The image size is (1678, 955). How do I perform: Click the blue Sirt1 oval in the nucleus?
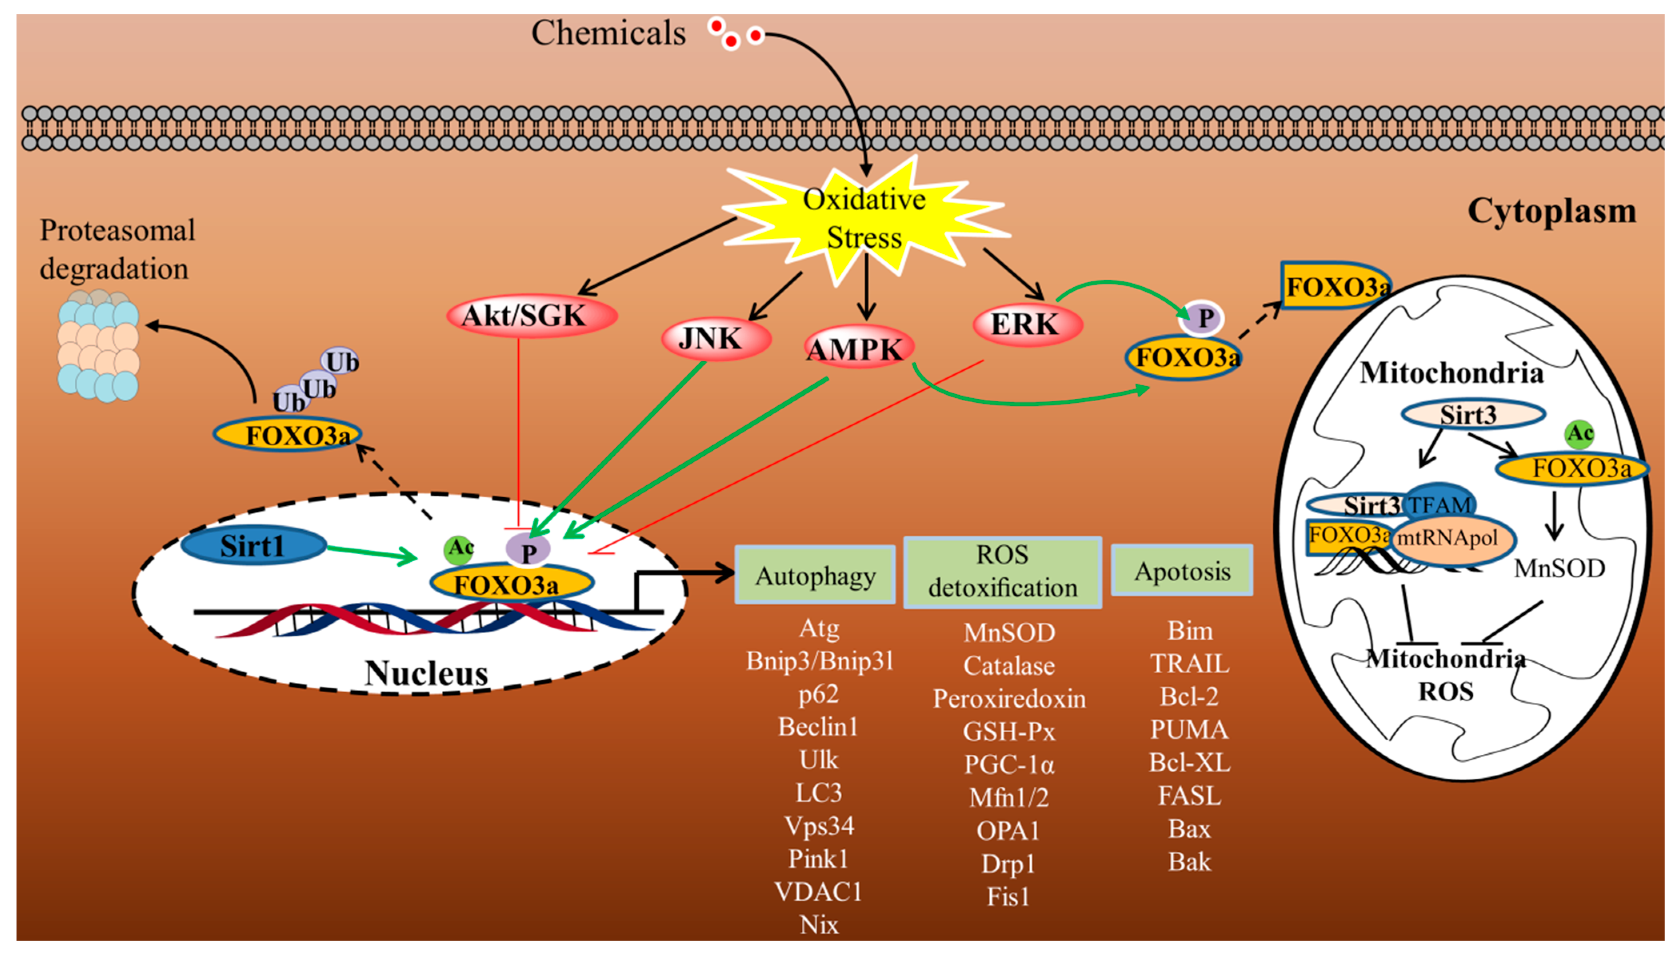click(253, 546)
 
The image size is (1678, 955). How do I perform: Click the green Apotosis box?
click(1181, 570)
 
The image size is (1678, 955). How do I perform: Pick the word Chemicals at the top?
click(608, 33)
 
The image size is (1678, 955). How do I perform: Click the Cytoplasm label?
click(1551, 211)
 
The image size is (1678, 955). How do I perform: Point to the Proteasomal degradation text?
click(117, 249)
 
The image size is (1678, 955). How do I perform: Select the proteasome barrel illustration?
click(98, 346)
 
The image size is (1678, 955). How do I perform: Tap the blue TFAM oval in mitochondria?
click(1440, 504)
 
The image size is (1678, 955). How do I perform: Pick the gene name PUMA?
click(1188, 730)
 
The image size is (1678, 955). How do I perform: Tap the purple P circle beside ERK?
click(1203, 318)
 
